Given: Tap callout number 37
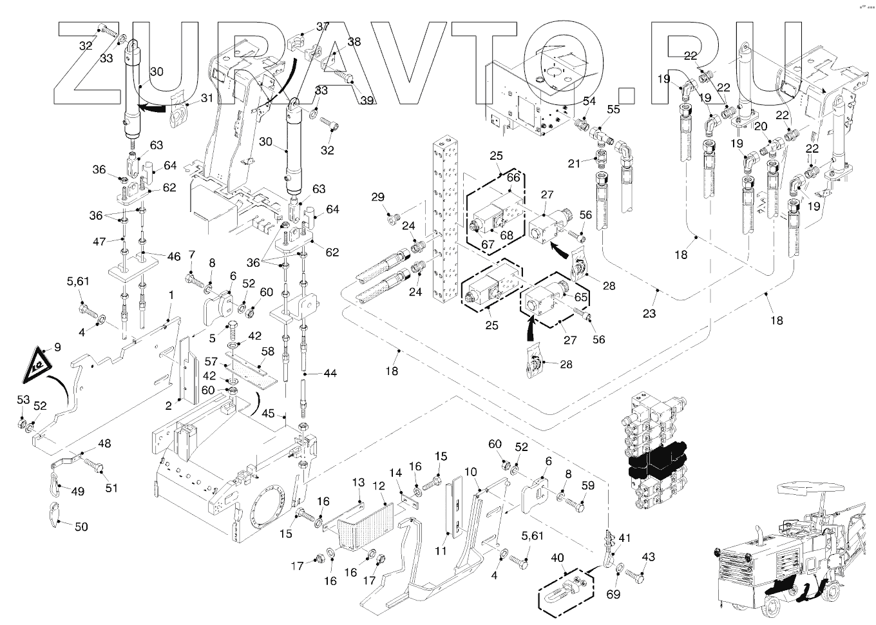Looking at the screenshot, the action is tap(323, 26).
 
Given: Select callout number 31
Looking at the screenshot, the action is tap(207, 98).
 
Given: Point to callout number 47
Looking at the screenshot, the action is tap(99, 242).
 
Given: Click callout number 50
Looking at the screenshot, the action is tap(81, 527).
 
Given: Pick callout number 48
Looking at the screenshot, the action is tap(104, 443).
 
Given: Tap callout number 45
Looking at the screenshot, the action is tap(268, 414).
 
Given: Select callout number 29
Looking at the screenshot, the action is tap(377, 197).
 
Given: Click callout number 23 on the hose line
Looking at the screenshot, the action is tap(649, 313).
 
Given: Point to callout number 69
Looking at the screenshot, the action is tap(613, 595).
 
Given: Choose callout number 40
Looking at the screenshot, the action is tap(557, 557).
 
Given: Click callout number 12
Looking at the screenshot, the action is tap(379, 486).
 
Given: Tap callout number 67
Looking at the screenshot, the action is tap(488, 244).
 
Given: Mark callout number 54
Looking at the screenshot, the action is tap(589, 101).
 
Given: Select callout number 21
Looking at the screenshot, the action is tap(574, 164).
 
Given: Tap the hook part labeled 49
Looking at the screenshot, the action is tap(55, 485).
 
